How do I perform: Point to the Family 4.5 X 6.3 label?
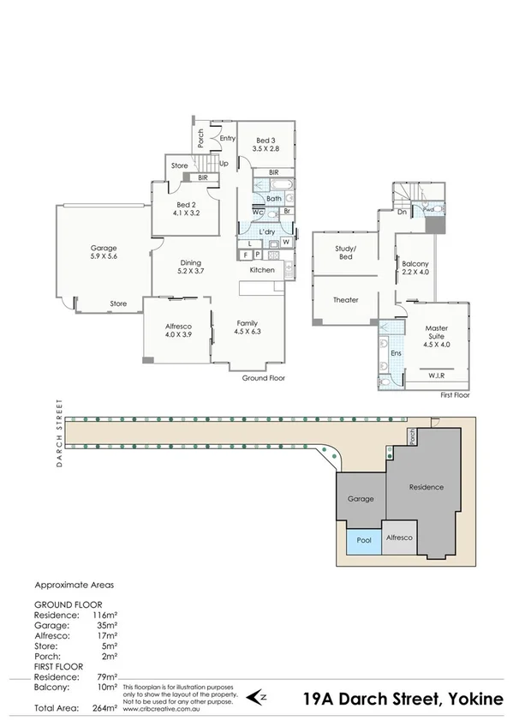coord(248,327)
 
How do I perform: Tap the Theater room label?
coord(345,299)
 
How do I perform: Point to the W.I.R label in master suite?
coord(437,376)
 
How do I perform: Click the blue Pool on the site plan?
coord(363,541)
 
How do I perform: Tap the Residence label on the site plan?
coord(427,487)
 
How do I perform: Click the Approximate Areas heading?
coord(73,585)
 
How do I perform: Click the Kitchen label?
coord(262,270)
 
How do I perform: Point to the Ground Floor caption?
coord(263,377)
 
